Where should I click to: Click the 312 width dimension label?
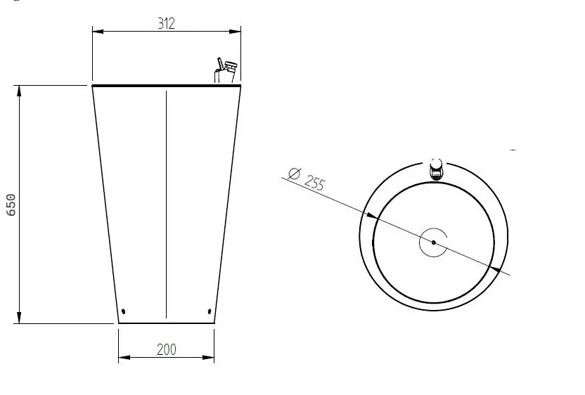click(x=166, y=23)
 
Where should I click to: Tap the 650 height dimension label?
click(x=11, y=205)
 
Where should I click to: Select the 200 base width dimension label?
click(x=166, y=349)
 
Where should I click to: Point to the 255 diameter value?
click(x=314, y=183)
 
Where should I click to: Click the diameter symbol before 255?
click(x=295, y=174)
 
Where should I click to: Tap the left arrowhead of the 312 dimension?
click(x=98, y=32)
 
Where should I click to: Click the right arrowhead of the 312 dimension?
click(x=235, y=32)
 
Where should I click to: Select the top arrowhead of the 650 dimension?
click(x=19, y=91)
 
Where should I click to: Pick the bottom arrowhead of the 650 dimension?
click(x=19, y=318)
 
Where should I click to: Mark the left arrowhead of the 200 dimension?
click(x=124, y=357)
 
